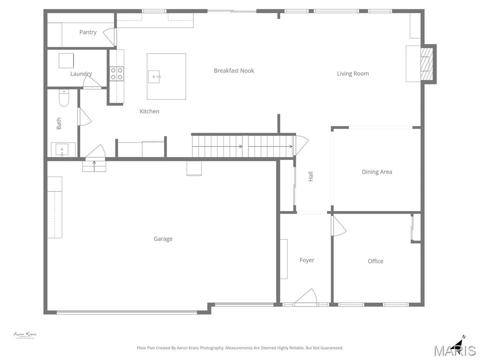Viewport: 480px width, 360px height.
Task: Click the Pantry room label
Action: coord(88,32)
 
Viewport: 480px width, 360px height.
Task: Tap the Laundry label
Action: coord(81,74)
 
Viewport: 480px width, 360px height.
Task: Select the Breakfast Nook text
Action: coord(234,71)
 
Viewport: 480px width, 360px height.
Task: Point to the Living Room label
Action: coord(352,74)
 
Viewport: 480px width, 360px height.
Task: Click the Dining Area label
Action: coord(377,172)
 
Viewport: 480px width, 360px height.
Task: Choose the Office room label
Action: coord(375,262)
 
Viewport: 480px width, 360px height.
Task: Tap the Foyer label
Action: coord(307,260)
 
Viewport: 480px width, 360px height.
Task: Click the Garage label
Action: coord(163,239)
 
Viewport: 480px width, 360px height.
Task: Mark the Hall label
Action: coord(310,177)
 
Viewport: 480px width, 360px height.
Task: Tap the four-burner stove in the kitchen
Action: coord(117,74)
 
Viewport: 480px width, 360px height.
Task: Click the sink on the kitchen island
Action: coord(154,76)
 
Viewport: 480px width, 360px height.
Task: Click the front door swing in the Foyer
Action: coord(307,298)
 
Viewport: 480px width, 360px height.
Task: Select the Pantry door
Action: coord(110,37)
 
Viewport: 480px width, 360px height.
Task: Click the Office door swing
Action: coord(338,225)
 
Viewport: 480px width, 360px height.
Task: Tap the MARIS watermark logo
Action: coord(454,349)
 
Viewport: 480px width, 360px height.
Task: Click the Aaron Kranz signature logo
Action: coord(24,335)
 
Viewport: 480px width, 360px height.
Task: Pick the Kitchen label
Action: coord(150,112)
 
